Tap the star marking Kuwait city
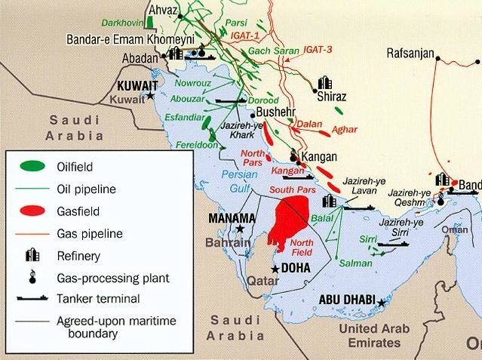click(x=151, y=96)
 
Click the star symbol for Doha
click(x=276, y=269)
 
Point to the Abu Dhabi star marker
click(x=382, y=303)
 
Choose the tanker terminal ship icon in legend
click(x=30, y=298)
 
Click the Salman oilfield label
click(x=355, y=263)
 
